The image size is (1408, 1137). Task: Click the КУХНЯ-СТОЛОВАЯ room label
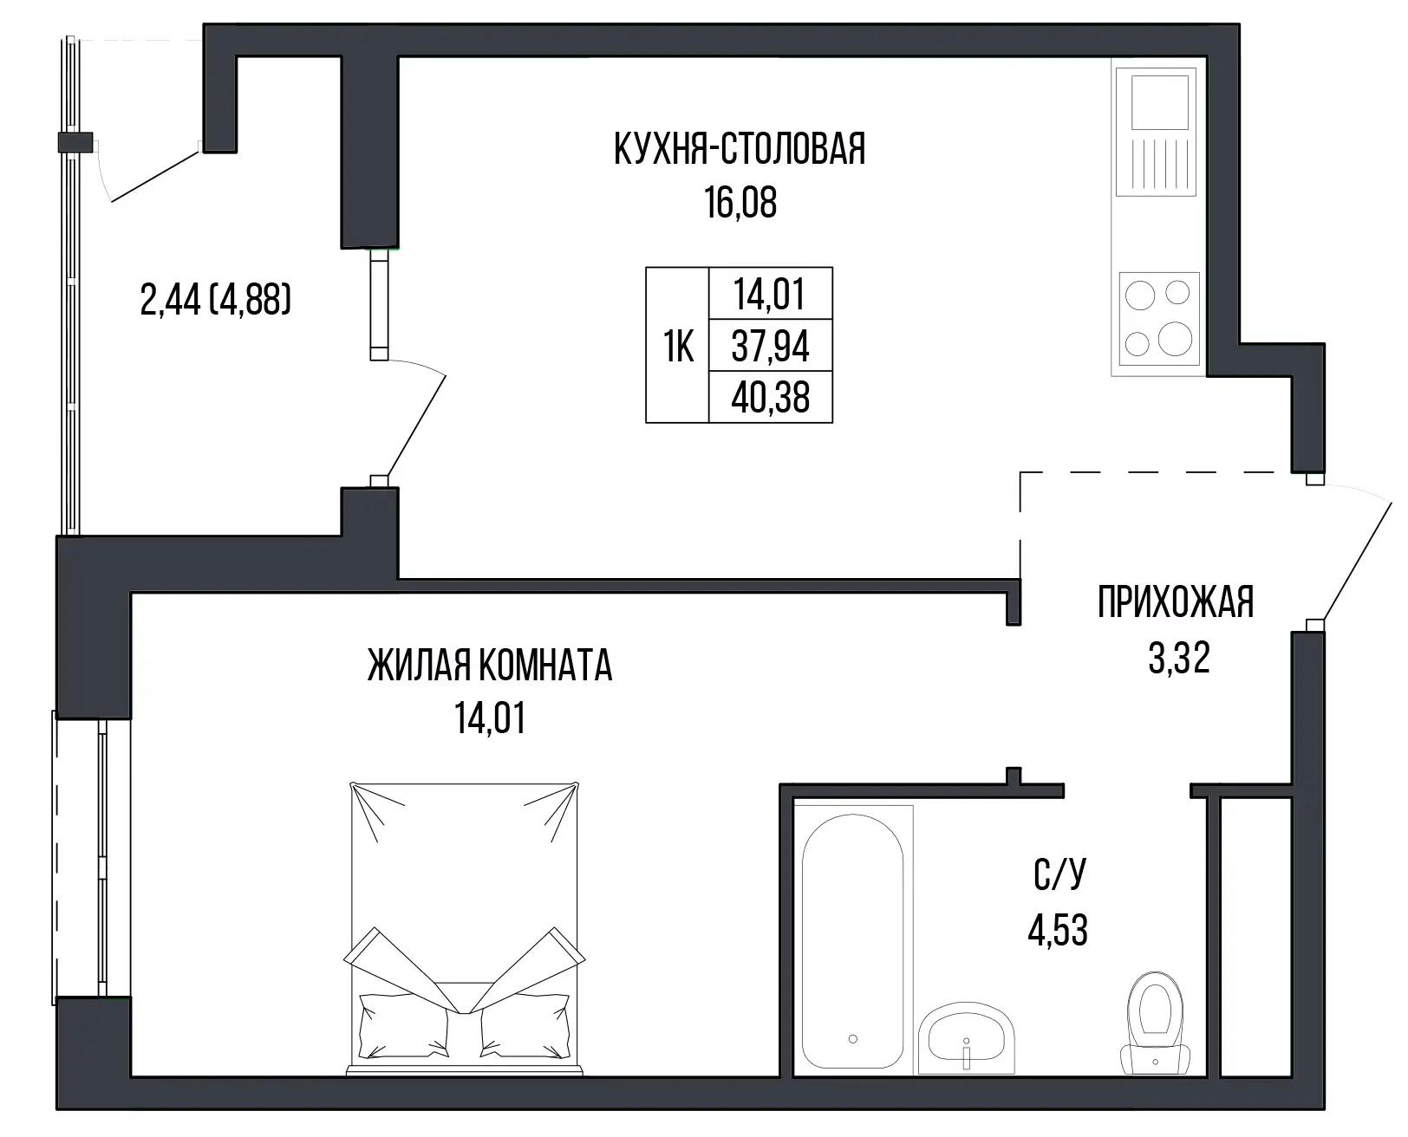pos(740,149)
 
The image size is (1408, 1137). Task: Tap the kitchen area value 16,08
pos(740,202)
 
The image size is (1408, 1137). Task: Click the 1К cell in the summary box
pos(678,346)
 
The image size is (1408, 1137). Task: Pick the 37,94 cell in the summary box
pos(770,346)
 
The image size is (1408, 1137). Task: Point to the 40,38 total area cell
pos(770,397)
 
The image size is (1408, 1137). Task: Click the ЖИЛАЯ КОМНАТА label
pos(490,666)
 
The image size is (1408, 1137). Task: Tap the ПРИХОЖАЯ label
pos(1176,601)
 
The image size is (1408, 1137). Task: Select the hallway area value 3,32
pos(1179,658)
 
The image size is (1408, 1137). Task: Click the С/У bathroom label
pos(1059,874)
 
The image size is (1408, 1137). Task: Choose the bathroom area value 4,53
pos(1058,930)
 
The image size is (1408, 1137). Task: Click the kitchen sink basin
pos(1159,102)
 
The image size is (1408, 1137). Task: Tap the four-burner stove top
pos(1159,319)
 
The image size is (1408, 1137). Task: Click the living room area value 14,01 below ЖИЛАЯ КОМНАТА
pos(490,718)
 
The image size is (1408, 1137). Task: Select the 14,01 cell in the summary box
pos(769,294)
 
